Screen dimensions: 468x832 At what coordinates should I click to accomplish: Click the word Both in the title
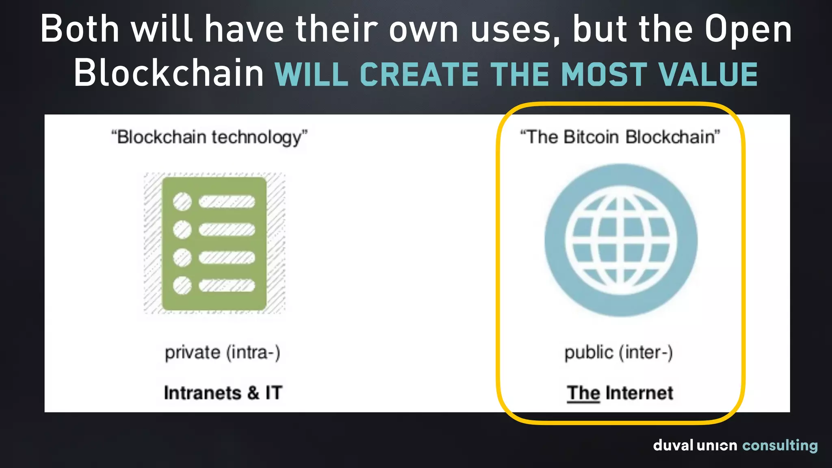tap(80, 29)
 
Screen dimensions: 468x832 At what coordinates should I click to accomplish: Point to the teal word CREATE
tap(420, 75)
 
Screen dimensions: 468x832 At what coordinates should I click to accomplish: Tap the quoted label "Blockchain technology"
tap(209, 137)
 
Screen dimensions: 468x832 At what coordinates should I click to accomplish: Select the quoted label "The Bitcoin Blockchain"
tap(620, 137)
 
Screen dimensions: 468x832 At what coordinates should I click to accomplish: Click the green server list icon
tap(214, 243)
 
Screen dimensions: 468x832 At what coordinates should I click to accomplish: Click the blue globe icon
tap(621, 240)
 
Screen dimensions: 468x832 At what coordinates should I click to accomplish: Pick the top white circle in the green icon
tap(182, 201)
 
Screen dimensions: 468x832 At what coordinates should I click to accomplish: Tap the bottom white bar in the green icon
tap(227, 286)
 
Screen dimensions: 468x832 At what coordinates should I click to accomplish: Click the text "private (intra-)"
tap(222, 353)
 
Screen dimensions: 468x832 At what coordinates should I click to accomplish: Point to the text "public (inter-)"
tap(618, 353)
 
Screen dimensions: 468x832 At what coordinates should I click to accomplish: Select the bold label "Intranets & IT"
tap(223, 393)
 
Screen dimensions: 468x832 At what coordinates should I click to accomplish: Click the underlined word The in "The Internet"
tap(583, 393)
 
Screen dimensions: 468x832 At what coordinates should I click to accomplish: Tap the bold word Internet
tap(639, 393)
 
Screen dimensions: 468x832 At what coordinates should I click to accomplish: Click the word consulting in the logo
tap(780, 446)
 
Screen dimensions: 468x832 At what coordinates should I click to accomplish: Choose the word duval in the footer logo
tap(673, 445)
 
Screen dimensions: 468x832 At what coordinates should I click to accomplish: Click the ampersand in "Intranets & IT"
tap(253, 393)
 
